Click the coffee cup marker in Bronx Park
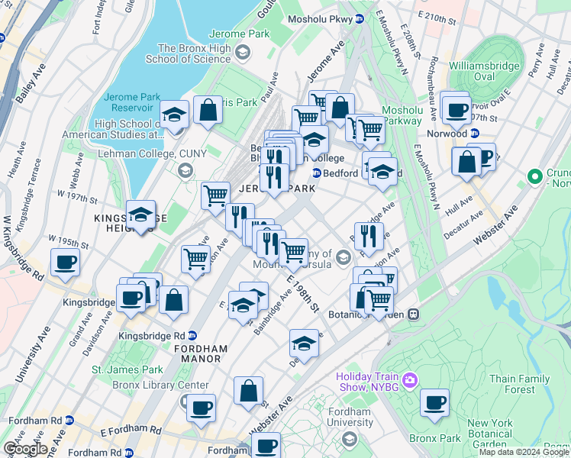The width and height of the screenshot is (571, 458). [x=434, y=402]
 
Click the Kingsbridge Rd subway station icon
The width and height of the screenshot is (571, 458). [x=192, y=335]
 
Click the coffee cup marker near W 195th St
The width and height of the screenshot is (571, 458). [x=65, y=263]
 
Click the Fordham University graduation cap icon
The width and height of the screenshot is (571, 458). [x=350, y=438]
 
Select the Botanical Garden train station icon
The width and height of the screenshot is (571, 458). [x=413, y=314]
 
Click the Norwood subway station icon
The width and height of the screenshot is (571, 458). [x=474, y=133]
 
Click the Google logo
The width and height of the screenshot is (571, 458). [x=24, y=449]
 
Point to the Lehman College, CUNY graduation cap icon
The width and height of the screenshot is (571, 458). [x=185, y=169]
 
